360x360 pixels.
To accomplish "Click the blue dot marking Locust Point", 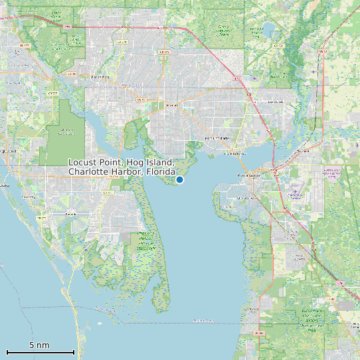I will pos(179,179).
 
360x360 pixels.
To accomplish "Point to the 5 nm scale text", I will pos(39,345).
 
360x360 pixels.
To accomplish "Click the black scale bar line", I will pos(40,352).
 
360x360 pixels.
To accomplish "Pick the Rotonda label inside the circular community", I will pos(71,215).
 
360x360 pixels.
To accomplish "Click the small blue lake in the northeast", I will pos(268,29).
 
